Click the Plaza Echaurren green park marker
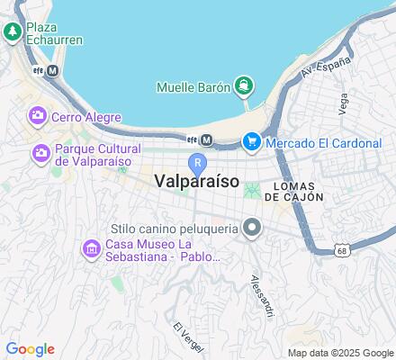13,33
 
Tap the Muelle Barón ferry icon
243,86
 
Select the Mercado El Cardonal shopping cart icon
251,140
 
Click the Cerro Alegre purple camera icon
38,115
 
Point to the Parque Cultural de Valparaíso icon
40,154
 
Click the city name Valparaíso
196,181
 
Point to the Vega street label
342,103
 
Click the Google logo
30,349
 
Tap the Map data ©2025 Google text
340,352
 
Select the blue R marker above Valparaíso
198,162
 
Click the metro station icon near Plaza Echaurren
53,70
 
